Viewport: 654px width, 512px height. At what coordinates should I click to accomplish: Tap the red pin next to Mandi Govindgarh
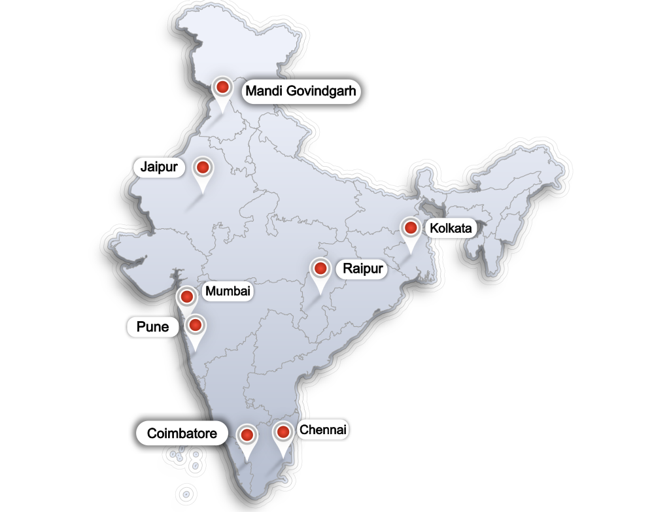tap(222, 87)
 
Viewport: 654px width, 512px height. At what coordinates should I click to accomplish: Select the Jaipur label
tap(159, 167)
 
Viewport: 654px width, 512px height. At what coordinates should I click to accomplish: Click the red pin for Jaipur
tap(203, 167)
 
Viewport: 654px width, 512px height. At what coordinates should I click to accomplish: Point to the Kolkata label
tap(451, 228)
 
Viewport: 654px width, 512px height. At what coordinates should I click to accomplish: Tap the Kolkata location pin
tap(411, 228)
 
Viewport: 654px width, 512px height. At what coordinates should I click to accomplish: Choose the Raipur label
tap(362, 269)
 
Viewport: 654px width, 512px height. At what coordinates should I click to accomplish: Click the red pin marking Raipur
tap(320, 268)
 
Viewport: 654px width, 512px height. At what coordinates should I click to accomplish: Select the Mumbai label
tap(228, 292)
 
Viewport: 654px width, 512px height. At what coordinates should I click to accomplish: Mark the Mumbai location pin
tap(186, 297)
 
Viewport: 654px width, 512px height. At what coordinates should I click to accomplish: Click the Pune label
tap(153, 327)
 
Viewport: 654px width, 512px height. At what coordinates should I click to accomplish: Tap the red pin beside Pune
tap(195, 325)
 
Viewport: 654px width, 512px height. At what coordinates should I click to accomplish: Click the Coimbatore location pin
tap(247, 434)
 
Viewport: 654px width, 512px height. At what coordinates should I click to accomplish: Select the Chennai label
tap(322, 430)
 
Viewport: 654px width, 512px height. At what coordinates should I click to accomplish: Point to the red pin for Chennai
tap(283, 432)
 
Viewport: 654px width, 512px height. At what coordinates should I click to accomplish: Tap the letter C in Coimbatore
tap(152, 433)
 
